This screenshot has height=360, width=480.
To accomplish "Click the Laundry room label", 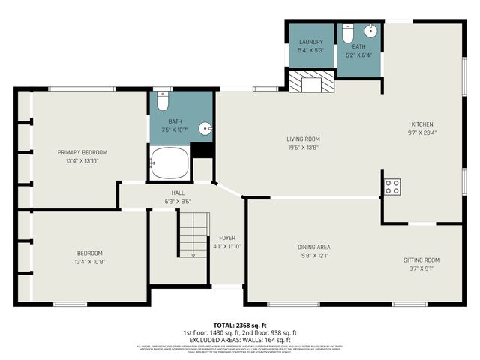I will coord(310,42).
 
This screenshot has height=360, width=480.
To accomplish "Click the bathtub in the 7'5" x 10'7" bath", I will coord(170,163).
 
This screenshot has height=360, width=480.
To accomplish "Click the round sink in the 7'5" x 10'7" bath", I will coord(205,129).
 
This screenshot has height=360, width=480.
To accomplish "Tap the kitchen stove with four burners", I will coord(392,187).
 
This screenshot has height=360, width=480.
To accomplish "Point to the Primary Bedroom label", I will coord(82,152).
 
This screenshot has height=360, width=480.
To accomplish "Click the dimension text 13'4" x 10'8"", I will coord(89,262).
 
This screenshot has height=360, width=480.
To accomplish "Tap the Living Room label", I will coord(303,139).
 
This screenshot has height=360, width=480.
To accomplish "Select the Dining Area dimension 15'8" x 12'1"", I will coord(313,256).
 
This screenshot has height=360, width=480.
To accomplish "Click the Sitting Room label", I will coord(421,259).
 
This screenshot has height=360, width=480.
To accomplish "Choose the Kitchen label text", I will coord(421,124).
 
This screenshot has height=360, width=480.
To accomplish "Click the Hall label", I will coord(178,193).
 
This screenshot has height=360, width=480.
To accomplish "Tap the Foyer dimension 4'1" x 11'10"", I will coord(227,247).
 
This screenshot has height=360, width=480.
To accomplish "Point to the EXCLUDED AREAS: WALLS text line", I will coord(240,340).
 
